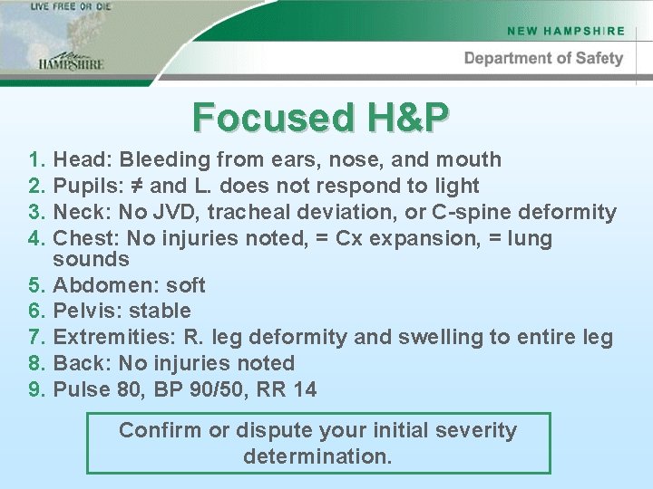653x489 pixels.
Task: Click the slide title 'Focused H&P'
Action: [x=321, y=117]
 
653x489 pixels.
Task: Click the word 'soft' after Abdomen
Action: [x=187, y=285]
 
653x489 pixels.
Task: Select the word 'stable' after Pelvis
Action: [x=161, y=311]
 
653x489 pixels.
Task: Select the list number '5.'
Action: [x=37, y=285]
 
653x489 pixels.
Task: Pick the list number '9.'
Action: [x=37, y=389]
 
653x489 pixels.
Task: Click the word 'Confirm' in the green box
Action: [x=161, y=430]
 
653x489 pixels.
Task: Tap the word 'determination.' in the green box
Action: [x=317, y=456]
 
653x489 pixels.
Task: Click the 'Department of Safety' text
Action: [x=543, y=58]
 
